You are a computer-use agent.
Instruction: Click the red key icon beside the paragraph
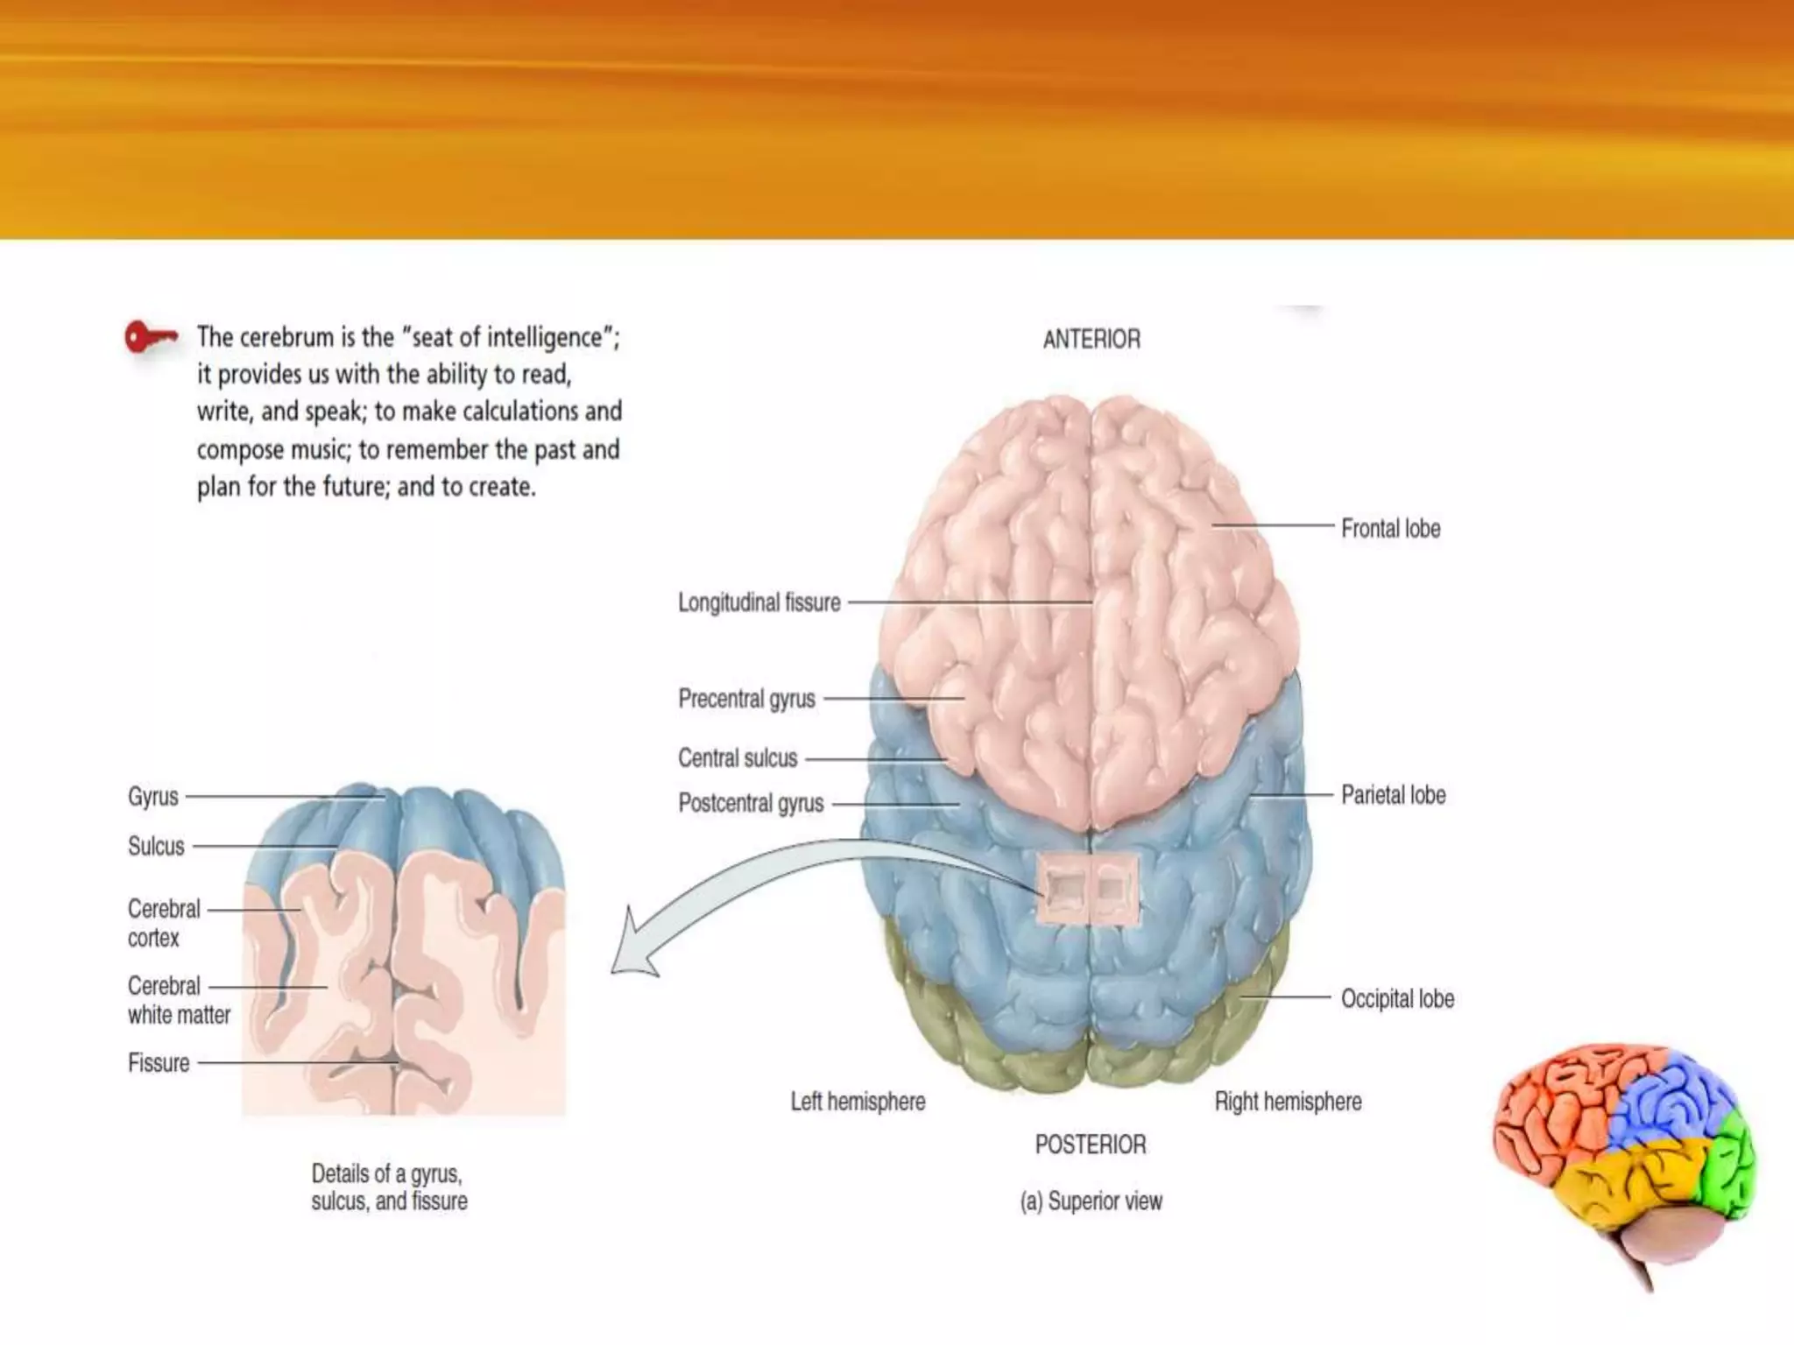150,337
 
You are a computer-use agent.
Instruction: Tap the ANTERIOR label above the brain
1091,340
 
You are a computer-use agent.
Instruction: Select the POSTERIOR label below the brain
1091,1144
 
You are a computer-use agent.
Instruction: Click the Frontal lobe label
1390,529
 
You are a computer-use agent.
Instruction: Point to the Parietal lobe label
1393,795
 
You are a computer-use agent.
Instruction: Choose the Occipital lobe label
1397,999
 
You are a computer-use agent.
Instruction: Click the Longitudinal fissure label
759,602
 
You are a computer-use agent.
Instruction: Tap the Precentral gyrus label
746,699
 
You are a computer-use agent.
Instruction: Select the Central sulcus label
738,758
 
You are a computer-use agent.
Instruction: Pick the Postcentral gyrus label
751,803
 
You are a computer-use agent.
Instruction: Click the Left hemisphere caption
858,1102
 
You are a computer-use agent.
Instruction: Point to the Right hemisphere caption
1288,1102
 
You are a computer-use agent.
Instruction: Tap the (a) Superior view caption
1091,1201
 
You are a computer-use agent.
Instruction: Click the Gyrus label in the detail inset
153,797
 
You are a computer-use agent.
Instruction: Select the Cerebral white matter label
179,1000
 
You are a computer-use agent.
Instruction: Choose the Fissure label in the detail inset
159,1063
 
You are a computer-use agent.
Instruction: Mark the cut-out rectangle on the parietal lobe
1087,890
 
